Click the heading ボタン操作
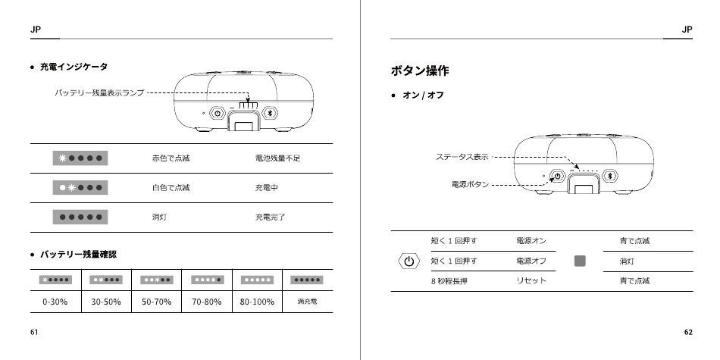pyautogui.click(x=419, y=71)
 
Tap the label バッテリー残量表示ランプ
pyautogui.click(x=99, y=92)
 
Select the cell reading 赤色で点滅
pyautogui.click(x=171, y=158)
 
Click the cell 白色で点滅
pyautogui.click(x=171, y=188)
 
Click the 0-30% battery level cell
pyautogui.click(x=56, y=302)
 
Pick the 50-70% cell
pyautogui.click(x=157, y=302)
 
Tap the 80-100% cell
pyautogui.click(x=257, y=302)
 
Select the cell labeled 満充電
pyautogui.click(x=307, y=302)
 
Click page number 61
pyautogui.click(x=34, y=332)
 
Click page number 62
pyautogui.click(x=687, y=332)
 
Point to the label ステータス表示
pyautogui.click(x=462, y=157)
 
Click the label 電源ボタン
pyautogui.click(x=465, y=183)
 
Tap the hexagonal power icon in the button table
pyautogui.click(x=409, y=261)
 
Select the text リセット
pyautogui.click(x=531, y=281)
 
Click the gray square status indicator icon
pyautogui.click(x=581, y=261)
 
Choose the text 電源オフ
pyautogui.click(x=531, y=261)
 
